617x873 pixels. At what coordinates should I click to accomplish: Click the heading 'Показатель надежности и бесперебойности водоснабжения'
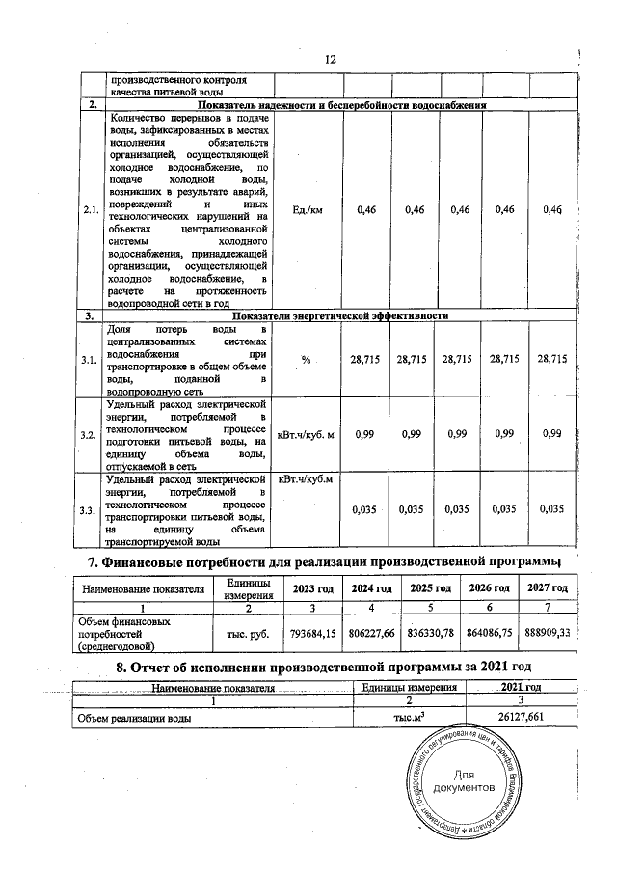click(x=340, y=104)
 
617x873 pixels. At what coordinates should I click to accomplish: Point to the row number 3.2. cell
click(x=90, y=435)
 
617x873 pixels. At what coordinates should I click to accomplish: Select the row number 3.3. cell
click(x=90, y=509)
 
